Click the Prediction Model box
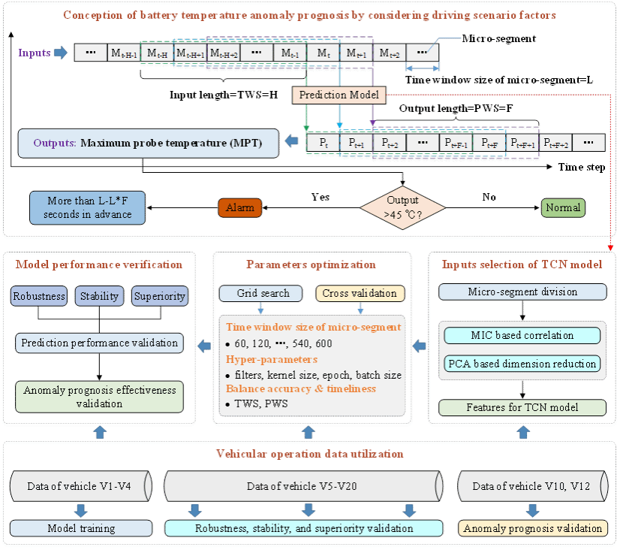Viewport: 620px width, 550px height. (x=340, y=95)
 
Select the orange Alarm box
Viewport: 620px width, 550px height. (x=240, y=207)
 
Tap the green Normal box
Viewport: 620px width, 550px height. (x=564, y=207)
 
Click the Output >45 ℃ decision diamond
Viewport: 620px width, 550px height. (x=403, y=207)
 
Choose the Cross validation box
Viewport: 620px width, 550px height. (x=361, y=294)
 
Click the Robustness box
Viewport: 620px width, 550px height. (x=40, y=295)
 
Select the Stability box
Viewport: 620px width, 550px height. (x=99, y=295)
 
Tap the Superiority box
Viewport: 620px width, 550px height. (x=159, y=295)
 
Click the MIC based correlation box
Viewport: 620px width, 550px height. (x=522, y=336)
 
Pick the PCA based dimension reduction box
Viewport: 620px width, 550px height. (x=522, y=364)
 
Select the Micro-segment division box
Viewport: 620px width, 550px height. (x=522, y=292)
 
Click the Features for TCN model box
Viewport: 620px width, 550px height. (x=522, y=408)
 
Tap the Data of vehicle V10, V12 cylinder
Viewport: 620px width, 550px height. (x=531, y=486)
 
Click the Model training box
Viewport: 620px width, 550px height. (x=82, y=528)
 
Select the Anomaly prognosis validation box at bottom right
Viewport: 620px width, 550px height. (x=533, y=528)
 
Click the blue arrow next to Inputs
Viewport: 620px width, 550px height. (x=62, y=53)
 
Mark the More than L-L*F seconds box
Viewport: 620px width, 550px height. (x=87, y=207)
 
